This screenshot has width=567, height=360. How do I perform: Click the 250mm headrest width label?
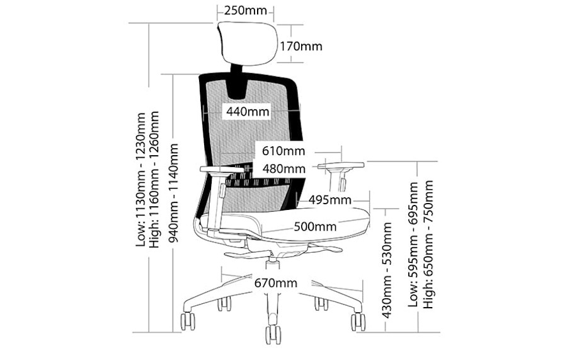point(245,10)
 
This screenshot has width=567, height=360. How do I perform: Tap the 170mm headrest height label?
point(301,46)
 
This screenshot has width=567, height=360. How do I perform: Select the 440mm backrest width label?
point(248,112)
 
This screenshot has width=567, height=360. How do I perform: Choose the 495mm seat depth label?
point(329,200)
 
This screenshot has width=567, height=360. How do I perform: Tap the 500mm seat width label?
point(315,227)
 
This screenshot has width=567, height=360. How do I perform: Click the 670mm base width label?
point(276,283)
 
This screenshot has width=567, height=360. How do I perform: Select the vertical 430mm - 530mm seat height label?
point(387,270)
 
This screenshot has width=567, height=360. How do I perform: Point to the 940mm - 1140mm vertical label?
point(174,193)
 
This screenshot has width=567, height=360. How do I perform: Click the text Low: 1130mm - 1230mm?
point(140,180)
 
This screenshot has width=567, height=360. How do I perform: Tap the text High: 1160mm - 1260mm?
point(154,180)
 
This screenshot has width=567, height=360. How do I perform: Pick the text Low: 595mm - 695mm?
point(413,245)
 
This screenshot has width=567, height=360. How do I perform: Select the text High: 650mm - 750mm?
point(428,244)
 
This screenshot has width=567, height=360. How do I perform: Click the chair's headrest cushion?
point(248,44)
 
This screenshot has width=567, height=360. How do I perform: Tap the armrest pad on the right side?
point(341,166)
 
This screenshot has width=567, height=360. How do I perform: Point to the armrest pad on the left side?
point(221,169)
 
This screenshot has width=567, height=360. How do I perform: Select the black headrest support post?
point(237,80)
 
